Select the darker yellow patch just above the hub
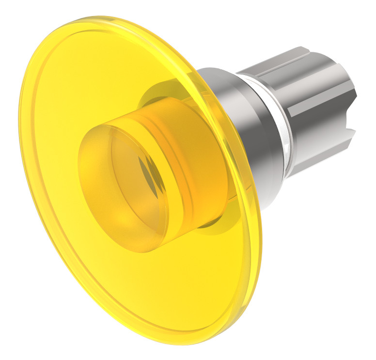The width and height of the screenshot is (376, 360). (x=160, y=97)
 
